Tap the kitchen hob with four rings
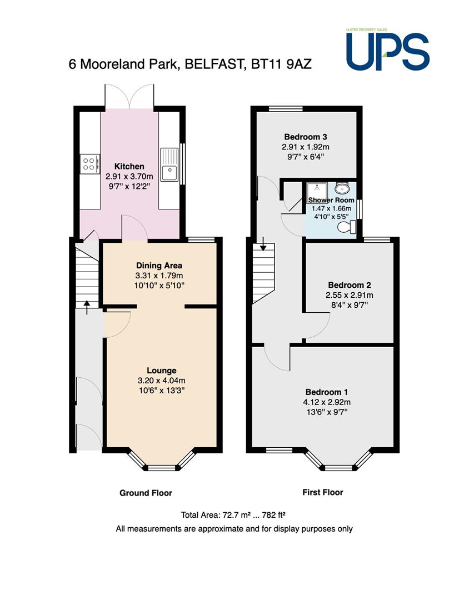pos(90,164)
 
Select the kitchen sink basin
pos(169,173)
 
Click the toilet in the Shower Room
pos(347,227)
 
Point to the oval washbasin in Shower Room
pos(342,188)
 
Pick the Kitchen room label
pos(129,167)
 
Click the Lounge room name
pos(162,371)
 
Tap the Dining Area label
pos(159,266)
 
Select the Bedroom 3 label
pos(306,137)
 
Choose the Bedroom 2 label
pos(350,285)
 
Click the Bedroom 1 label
pos(327,392)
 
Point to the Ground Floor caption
pos(146,493)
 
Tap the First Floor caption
pos(323,492)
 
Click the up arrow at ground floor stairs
pos(87,307)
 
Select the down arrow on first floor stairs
pos(263,244)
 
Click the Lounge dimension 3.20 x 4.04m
pos(162,381)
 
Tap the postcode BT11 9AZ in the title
pos(281,64)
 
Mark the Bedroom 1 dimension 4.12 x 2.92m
pos(327,402)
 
